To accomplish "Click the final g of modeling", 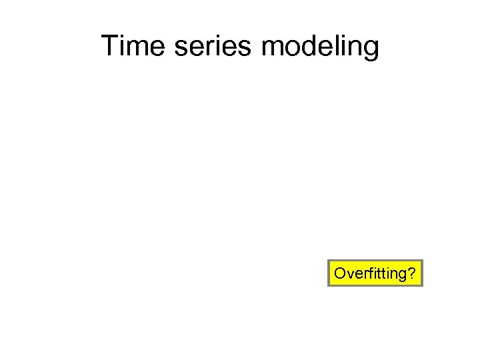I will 371,50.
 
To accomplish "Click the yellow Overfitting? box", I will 375,273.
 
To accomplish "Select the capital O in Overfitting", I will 339,273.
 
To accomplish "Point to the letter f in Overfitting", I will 364,273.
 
